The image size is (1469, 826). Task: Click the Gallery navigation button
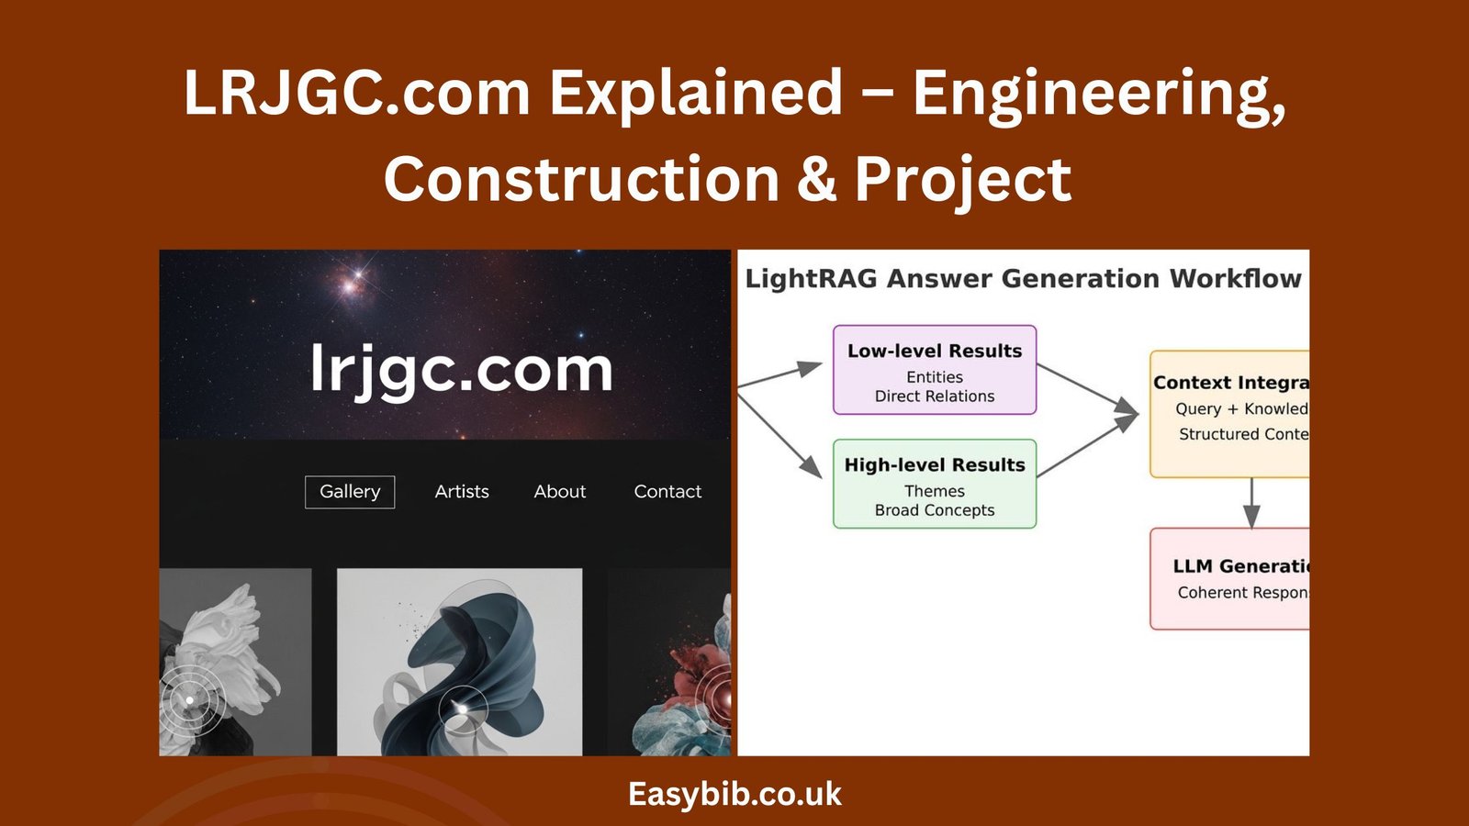[x=350, y=492]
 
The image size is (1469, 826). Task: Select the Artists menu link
[x=462, y=492]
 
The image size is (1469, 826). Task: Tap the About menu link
[x=560, y=492]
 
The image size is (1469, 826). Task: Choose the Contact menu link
[x=667, y=492]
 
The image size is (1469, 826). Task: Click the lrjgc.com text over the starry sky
[x=461, y=370]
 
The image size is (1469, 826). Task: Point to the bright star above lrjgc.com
[x=350, y=284]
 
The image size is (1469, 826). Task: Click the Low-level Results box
[x=935, y=370]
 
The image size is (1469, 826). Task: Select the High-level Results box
[x=935, y=484]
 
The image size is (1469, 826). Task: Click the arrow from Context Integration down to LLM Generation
[x=1250, y=503]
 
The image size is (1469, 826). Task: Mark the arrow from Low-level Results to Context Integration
[x=1088, y=390]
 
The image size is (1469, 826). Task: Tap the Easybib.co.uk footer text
[x=734, y=794]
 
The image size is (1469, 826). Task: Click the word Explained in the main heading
[x=695, y=94]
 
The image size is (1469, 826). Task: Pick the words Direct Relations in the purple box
[x=935, y=396]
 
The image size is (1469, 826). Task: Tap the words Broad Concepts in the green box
[x=935, y=510]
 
